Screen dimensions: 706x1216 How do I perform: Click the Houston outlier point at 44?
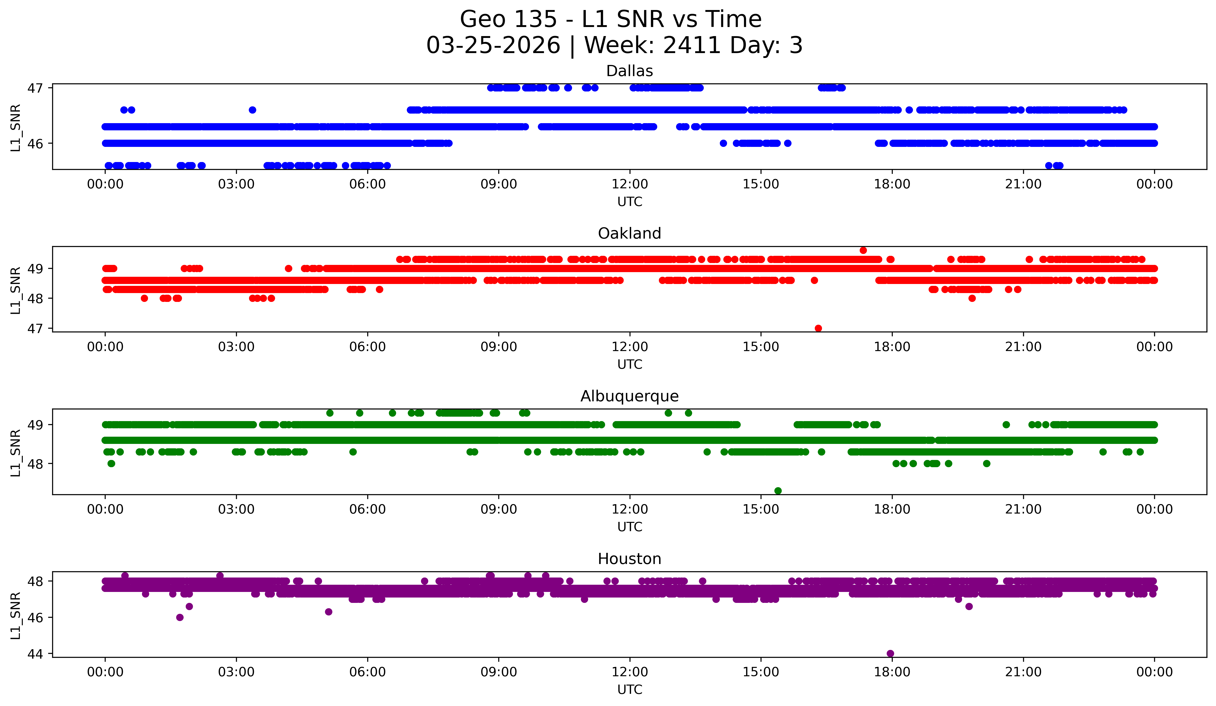(x=890, y=653)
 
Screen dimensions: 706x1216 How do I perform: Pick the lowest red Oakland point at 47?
(x=818, y=328)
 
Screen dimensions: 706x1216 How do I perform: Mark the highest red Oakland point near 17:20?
(x=863, y=250)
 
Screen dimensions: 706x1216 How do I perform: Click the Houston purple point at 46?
(x=179, y=617)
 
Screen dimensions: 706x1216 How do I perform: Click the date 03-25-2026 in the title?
(x=493, y=45)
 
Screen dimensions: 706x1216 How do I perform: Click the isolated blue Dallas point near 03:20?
(x=252, y=110)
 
